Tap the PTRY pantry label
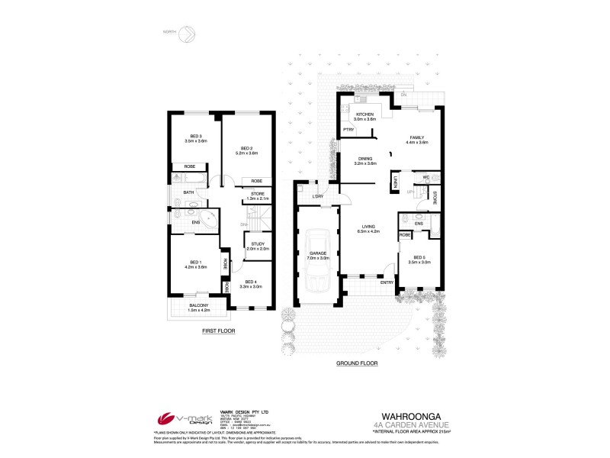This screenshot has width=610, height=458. coord(348,131)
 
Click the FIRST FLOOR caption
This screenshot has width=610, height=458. coord(218,331)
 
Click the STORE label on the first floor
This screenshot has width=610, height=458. coord(257,194)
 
